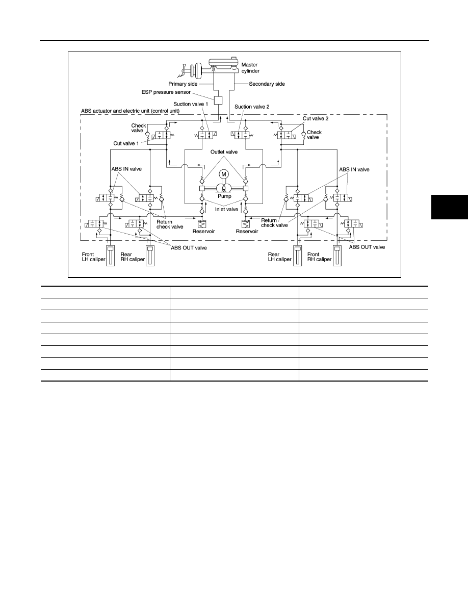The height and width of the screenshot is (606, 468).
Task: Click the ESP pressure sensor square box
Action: tap(219, 100)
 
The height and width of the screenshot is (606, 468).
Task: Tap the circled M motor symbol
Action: tap(224, 174)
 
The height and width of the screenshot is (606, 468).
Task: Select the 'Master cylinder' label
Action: tap(250, 68)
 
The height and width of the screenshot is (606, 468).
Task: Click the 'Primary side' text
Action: tap(183, 84)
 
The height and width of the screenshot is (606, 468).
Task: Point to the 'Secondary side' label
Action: tap(267, 84)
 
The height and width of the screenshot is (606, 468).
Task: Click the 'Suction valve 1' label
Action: tap(191, 104)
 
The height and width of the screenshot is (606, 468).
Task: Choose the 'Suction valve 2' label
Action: tap(252, 107)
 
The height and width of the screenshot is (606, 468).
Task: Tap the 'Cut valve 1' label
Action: tap(126, 143)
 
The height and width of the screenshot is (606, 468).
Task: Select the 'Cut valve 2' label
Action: tap(316, 119)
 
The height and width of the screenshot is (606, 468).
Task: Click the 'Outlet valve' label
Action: tap(224, 152)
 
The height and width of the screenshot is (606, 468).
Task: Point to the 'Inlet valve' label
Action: tap(227, 210)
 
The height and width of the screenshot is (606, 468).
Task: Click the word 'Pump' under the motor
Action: tap(224, 196)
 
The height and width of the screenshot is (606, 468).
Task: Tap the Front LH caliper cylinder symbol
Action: tap(110, 256)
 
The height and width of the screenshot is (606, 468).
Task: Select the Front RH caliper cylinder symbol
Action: tap(337, 256)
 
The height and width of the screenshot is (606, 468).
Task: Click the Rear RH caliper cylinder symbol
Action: tap(149, 256)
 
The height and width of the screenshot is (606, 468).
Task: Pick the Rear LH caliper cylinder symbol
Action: tap(297, 256)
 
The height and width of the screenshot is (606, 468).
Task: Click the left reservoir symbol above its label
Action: tap(202, 224)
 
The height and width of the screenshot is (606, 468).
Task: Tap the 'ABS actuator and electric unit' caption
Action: tap(131, 111)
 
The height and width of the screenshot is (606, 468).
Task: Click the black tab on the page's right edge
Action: tap(450, 208)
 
